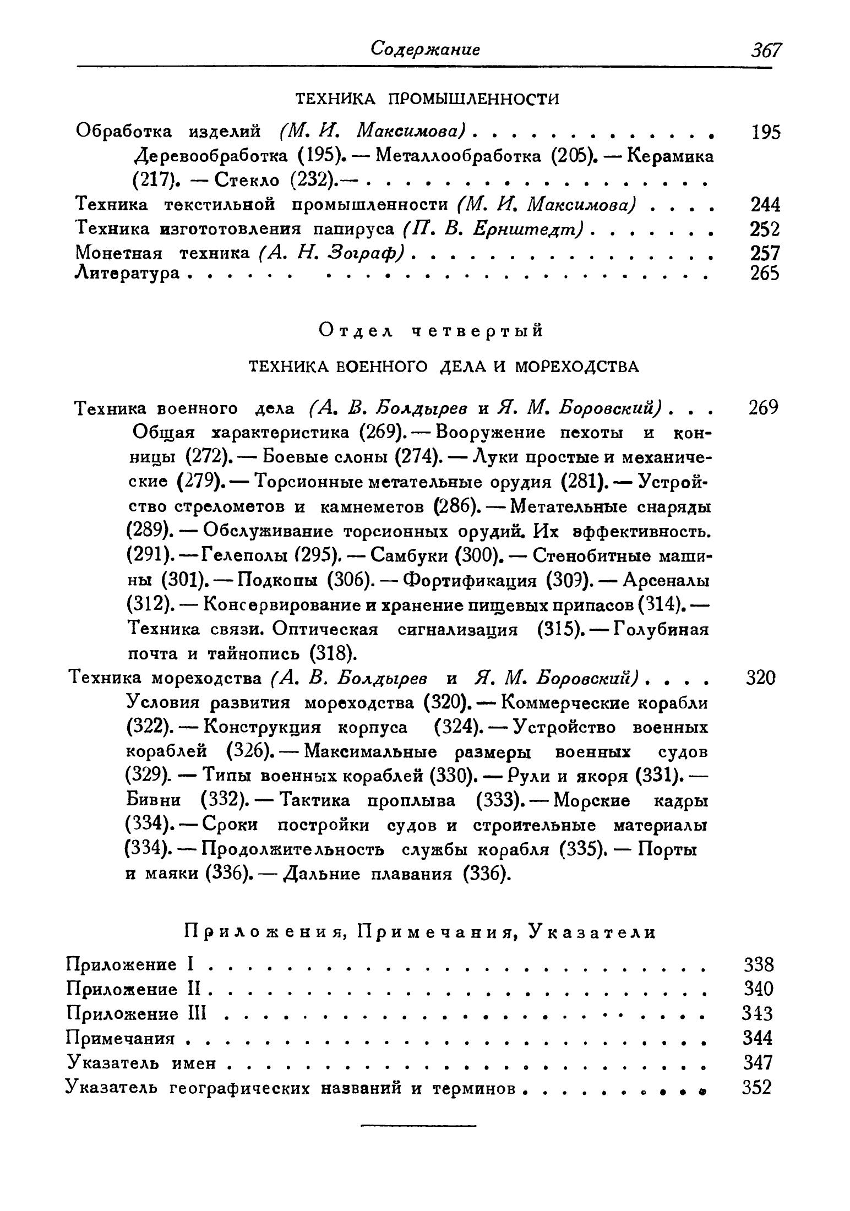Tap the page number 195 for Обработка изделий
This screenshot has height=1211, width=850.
point(766,132)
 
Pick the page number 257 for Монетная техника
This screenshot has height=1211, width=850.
point(765,253)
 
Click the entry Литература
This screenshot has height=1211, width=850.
point(127,272)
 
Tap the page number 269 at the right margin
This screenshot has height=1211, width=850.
point(764,408)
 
